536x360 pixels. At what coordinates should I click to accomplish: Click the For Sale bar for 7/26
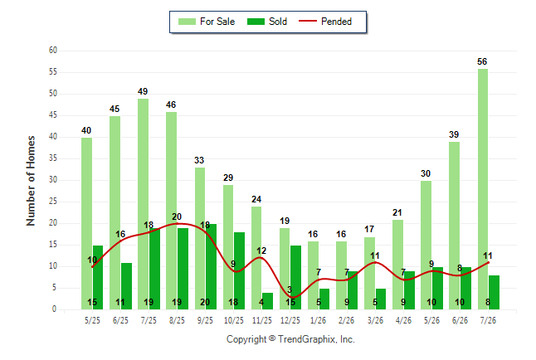click(483, 189)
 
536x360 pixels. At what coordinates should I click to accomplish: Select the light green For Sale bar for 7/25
click(144, 204)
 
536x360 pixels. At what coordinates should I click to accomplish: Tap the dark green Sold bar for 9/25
click(212, 266)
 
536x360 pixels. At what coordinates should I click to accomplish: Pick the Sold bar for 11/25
click(268, 301)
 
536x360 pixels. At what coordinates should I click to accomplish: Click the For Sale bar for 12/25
click(285, 269)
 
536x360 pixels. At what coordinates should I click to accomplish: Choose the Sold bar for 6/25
click(126, 286)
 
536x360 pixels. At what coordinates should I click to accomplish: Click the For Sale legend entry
click(207, 22)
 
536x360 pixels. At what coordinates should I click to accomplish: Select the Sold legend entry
click(267, 22)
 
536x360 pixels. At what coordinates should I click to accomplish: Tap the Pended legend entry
click(325, 22)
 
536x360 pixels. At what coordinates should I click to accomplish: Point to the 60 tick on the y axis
click(53, 51)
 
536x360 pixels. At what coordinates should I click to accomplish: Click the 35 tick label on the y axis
click(53, 158)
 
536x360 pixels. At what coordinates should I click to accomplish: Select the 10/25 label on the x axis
click(234, 320)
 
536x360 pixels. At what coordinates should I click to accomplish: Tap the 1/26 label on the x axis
click(319, 320)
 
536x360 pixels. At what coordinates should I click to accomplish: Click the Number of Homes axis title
click(31, 181)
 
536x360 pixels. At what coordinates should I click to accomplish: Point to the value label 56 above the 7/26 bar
click(482, 61)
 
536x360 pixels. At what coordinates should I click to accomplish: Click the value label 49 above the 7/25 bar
click(143, 91)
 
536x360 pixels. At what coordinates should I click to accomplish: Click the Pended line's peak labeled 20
click(177, 224)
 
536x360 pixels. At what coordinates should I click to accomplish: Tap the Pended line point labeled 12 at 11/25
click(261, 257)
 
